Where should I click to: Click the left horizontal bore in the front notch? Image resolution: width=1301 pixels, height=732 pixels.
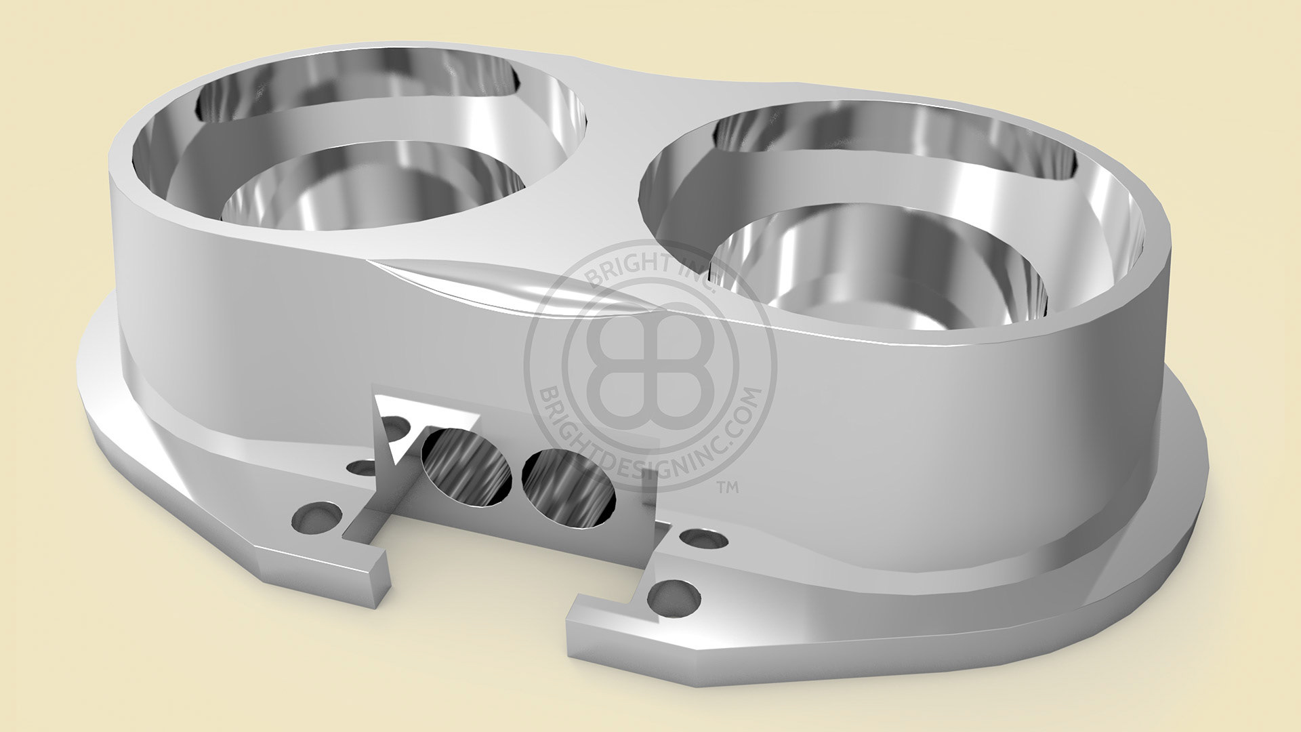(x=467, y=468)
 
